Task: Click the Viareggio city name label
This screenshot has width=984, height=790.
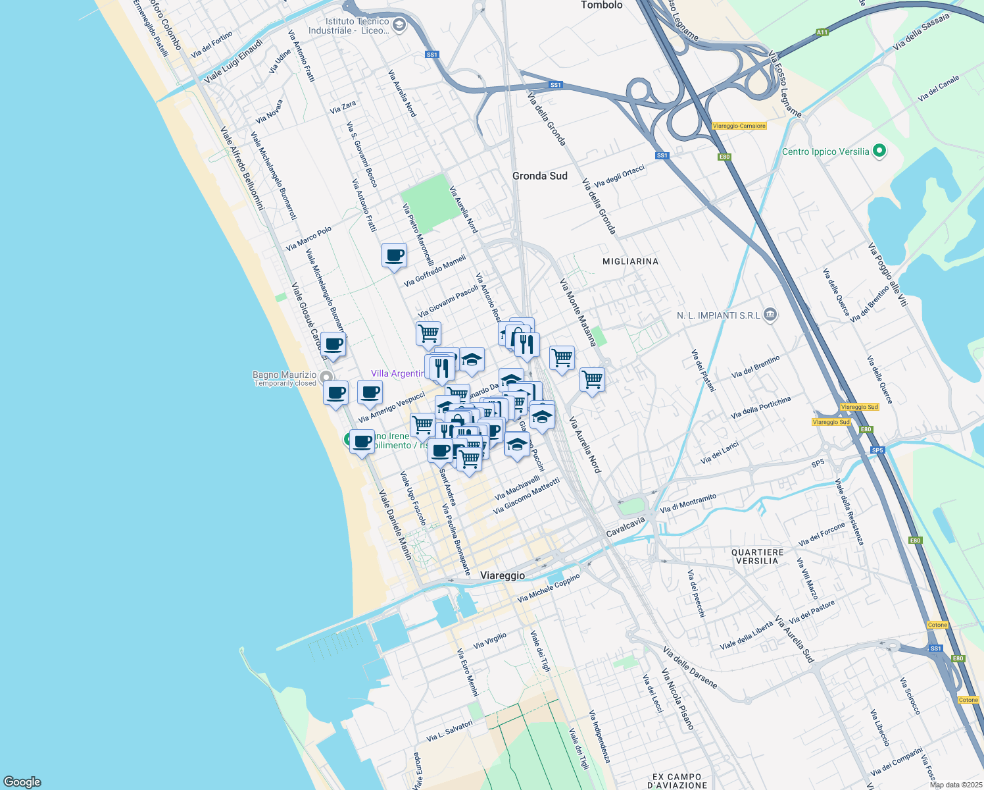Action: (503, 575)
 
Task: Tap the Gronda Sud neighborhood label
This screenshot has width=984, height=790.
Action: (539, 176)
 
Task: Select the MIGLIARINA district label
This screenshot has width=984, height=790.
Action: (630, 261)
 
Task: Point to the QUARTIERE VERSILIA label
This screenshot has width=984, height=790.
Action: (757, 557)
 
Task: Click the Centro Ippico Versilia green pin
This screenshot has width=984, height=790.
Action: (879, 151)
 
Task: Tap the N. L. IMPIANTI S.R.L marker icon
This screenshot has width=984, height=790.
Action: (771, 315)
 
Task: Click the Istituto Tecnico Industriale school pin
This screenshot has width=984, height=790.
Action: (399, 26)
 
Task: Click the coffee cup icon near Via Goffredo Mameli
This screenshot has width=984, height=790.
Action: (394, 255)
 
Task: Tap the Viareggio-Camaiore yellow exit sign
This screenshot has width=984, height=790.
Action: (739, 126)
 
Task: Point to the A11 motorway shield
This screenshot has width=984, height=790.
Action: (822, 32)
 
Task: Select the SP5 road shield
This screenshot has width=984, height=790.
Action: (877, 450)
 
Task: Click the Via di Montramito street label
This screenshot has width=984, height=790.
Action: (688, 504)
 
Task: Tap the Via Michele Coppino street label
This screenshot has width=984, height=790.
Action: (549, 589)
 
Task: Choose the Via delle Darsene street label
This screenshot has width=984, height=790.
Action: (689, 668)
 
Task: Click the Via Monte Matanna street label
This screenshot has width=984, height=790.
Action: (578, 313)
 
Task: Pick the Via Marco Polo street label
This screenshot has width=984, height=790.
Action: (308, 239)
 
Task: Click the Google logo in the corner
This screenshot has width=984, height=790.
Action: (22, 782)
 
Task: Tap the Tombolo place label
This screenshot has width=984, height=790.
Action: (601, 5)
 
